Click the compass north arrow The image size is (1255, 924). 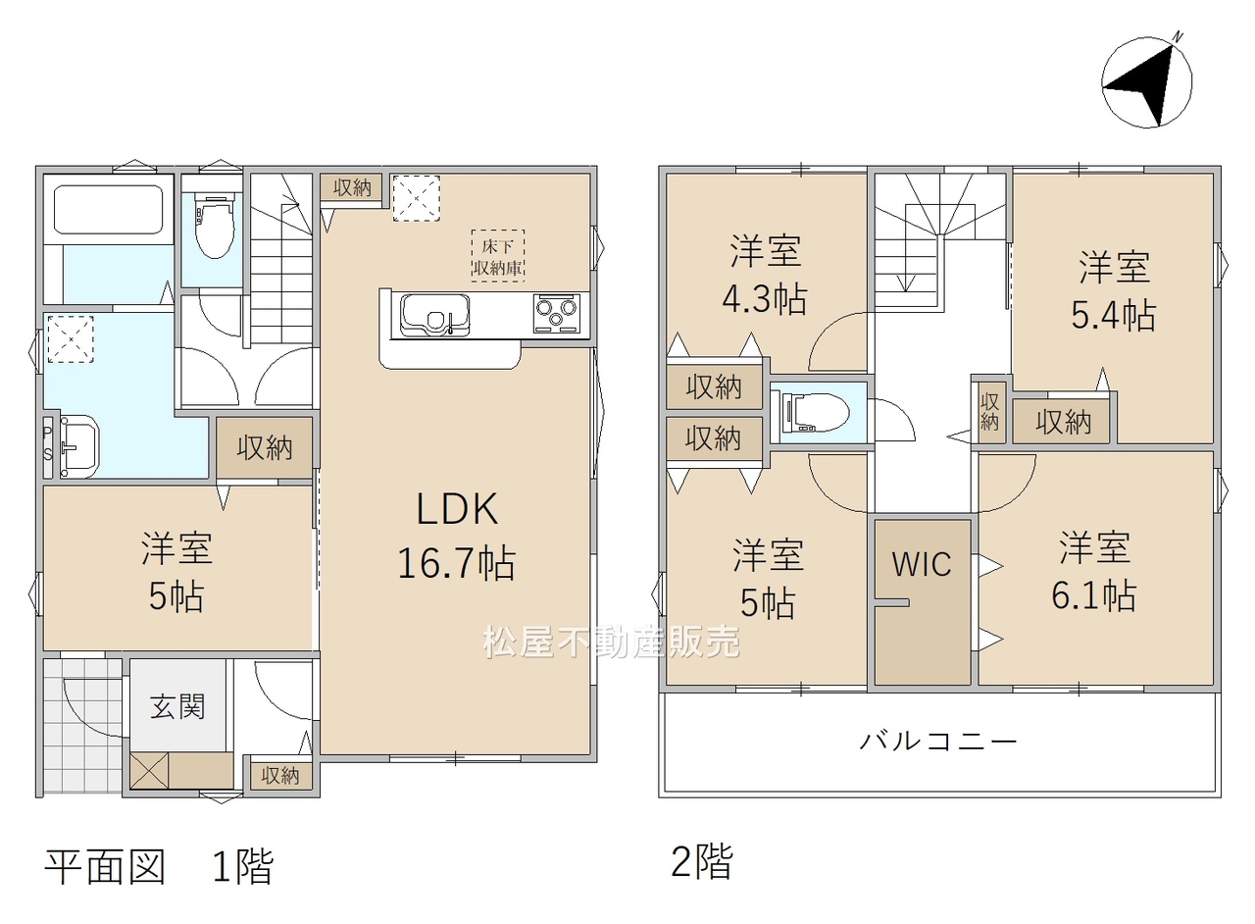[x=1147, y=81]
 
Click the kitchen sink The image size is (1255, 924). [x=434, y=316]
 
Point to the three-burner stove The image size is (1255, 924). [x=555, y=312]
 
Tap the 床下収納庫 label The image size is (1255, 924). [x=497, y=256]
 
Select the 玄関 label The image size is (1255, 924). [x=177, y=706]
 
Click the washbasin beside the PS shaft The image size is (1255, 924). [x=78, y=447]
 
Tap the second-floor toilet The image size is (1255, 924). [x=815, y=413]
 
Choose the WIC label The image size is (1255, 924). [x=922, y=563]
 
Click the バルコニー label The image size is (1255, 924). [x=938, y=742]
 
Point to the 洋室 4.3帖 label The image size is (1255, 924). [x=765, y=275]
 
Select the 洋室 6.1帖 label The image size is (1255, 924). [x=1093, y=571]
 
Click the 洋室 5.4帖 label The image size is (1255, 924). [x=1114, y=290]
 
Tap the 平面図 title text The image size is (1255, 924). [x=105, y=866]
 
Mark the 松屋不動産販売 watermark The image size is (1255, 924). [x=611, y=642]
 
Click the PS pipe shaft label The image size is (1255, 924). [x=48, y=443]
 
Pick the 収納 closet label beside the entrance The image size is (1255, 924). [x=279, y=776]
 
